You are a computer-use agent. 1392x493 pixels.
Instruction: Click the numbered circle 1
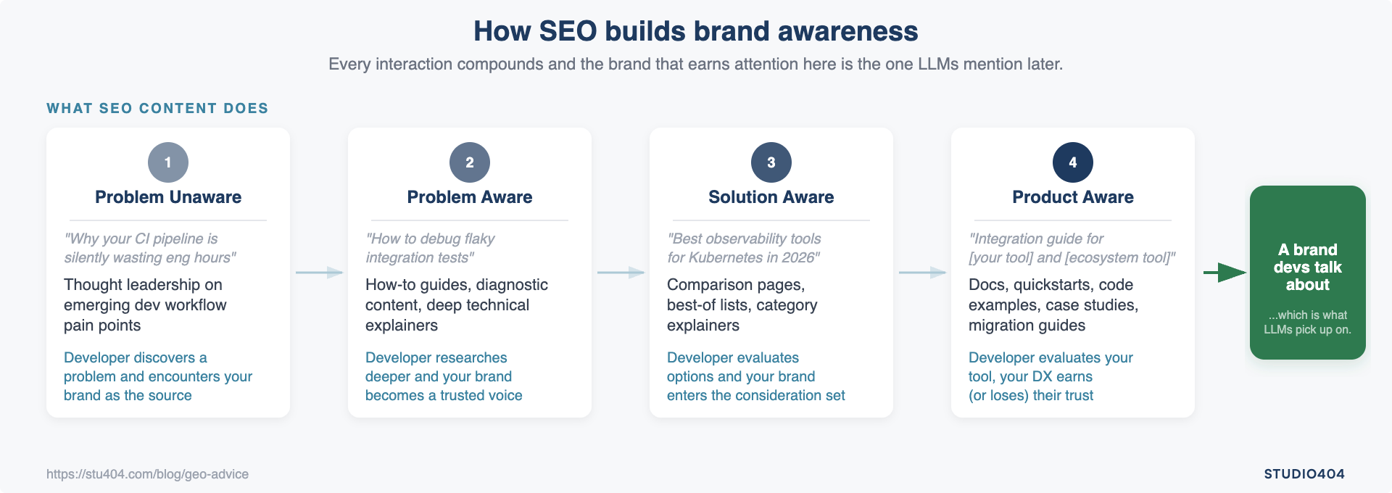pos(168,162)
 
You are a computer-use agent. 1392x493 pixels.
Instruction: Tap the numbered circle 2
pos(470,162)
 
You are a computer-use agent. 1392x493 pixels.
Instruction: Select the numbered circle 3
pos(771,162)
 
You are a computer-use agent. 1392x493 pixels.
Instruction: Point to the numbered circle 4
pos(1073,162)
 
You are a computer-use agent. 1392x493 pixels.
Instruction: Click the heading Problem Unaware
pos(168,197)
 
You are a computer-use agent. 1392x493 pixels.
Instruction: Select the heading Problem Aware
pos(470,197)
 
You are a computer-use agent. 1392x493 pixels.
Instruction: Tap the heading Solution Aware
pos(771,197)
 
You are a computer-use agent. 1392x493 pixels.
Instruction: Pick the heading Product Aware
pos(1073,197)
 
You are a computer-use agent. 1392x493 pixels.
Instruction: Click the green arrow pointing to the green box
pos(1225,273)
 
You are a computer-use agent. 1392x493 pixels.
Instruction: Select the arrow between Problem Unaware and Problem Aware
pos(319,273)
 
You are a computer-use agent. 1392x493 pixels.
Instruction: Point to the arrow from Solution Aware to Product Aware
pos(922,273)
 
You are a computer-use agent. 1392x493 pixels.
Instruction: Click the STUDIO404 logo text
pos(1304,474)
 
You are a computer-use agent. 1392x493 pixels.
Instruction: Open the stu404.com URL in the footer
pos(147,474)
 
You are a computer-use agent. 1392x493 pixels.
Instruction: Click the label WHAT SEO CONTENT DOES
pos(157,109)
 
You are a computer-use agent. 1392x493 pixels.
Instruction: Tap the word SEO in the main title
pos(568,31)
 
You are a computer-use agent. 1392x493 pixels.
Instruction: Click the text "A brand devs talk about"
pos(1307,267)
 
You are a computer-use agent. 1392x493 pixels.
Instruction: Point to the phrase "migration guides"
pos(1027,326)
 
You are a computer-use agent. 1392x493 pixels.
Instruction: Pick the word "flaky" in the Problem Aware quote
pos(478,239)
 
